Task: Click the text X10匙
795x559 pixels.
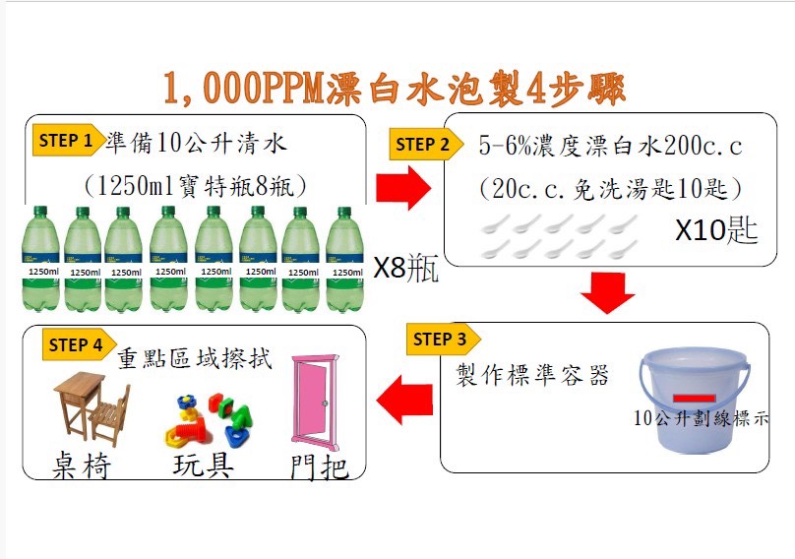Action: click(716, 230)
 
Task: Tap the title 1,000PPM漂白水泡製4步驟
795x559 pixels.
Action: click(394, 90)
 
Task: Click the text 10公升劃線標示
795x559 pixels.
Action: click(702, 419)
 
